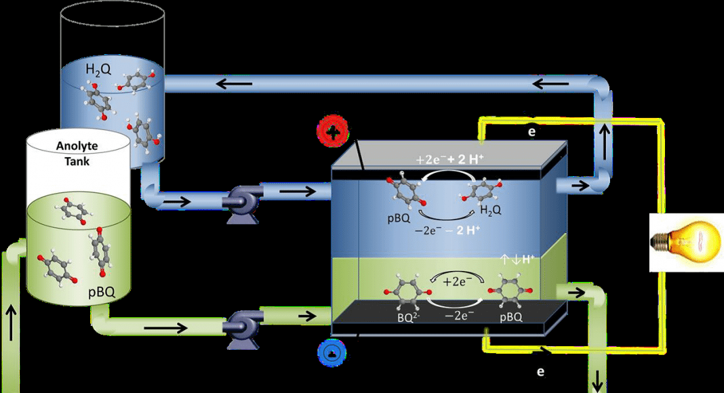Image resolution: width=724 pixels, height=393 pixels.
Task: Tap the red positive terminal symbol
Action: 332,133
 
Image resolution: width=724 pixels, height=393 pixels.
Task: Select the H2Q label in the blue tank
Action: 98,70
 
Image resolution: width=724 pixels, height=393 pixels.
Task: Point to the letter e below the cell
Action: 540,371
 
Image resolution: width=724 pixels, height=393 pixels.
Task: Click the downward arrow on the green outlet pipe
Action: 598,380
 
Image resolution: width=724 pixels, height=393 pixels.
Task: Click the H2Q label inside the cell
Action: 490,211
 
